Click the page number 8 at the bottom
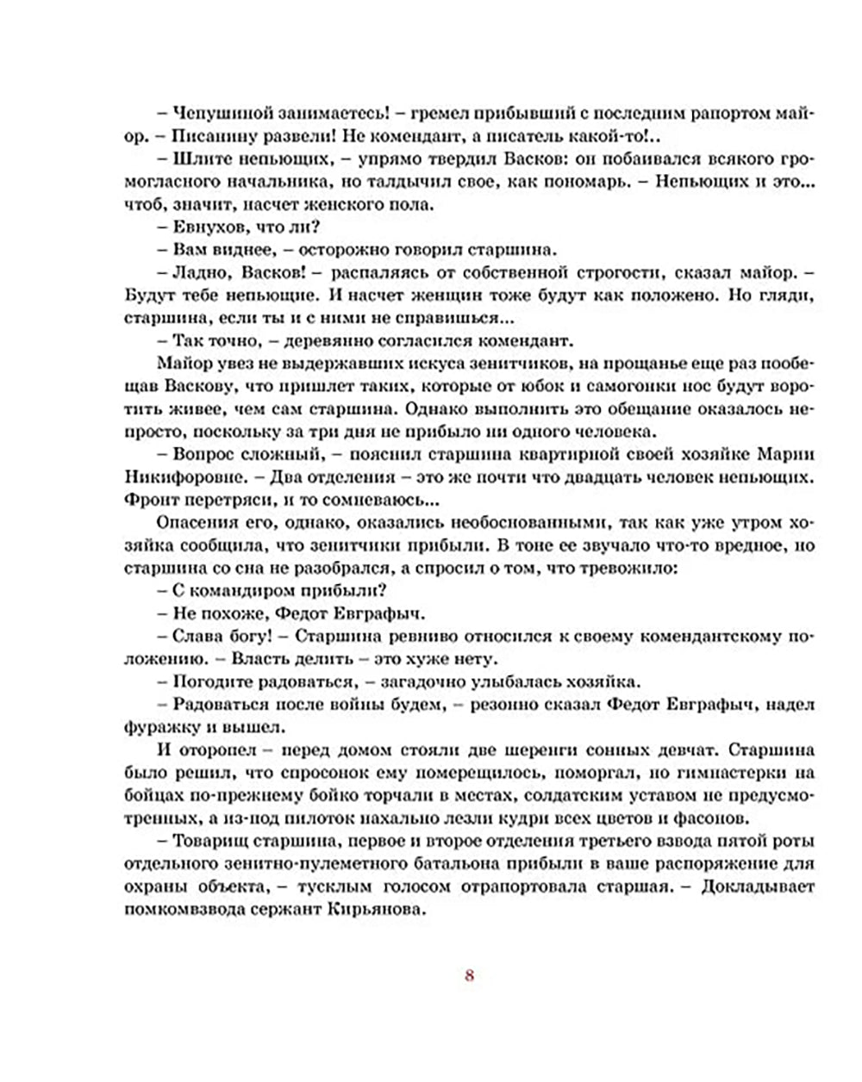coord(469,975)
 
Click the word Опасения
coord(195,523)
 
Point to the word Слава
coord(196,637)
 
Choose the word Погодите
coord(212,681)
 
